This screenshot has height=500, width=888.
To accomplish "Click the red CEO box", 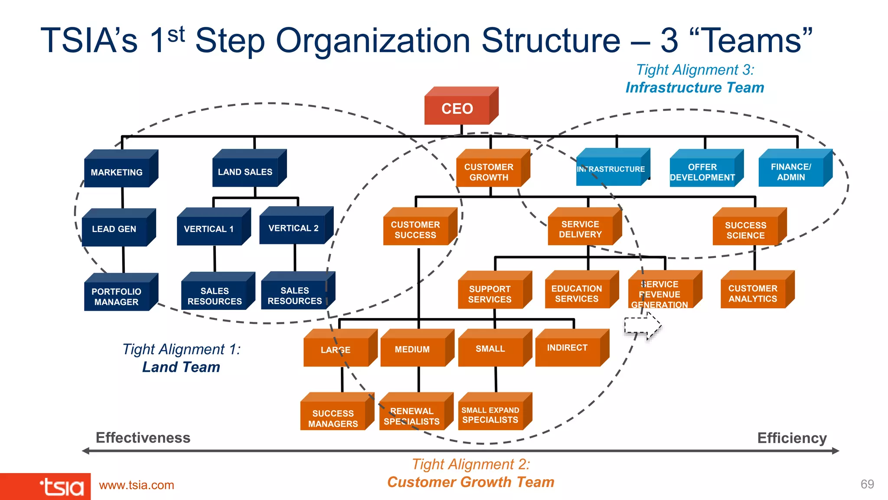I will [x=457, y=109].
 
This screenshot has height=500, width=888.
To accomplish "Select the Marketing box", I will [x=117, y=172].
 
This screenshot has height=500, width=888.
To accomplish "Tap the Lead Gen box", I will [x=114, y=229].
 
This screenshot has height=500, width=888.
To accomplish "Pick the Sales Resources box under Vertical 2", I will [x=294, y=296].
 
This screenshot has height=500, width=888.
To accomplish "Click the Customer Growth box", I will [x=489, y=172].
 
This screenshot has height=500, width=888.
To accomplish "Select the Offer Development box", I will [x=702, y=172].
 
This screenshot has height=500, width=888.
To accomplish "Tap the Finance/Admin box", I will [x=791, y=172].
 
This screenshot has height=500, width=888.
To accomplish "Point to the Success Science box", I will [x=745, y=230].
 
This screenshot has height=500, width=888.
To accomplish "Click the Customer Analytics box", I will [x=753, y=294].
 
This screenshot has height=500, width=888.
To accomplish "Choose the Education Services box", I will [x=577, y=294].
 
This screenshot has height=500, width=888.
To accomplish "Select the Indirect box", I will [x=568, y=348].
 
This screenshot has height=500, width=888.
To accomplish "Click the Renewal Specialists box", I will [x=412, y=416].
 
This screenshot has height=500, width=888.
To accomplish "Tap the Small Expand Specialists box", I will [x=490, y=415].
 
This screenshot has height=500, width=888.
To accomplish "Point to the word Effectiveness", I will [x=143, y=437].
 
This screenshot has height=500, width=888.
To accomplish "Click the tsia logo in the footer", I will [x=62, y=487].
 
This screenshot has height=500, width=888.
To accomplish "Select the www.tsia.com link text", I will [x=137, y=485].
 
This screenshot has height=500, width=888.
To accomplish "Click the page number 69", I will [x=867, y=484].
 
